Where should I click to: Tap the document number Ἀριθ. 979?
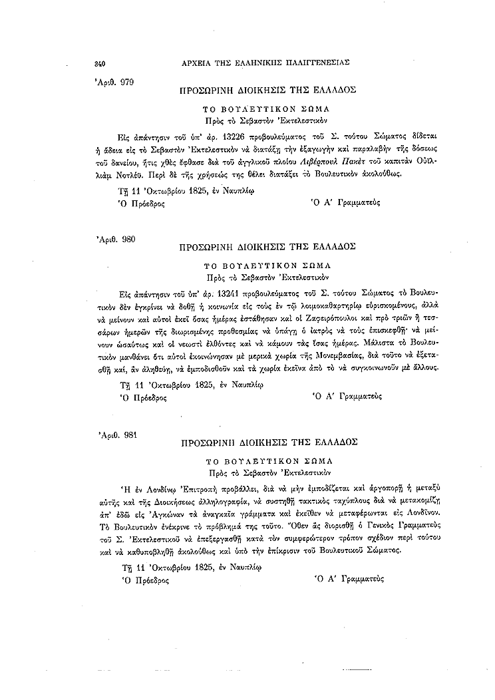pyautogui.click(x=116, y=82)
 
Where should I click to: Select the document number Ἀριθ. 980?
pyautogui.click(x=117, y=238)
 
